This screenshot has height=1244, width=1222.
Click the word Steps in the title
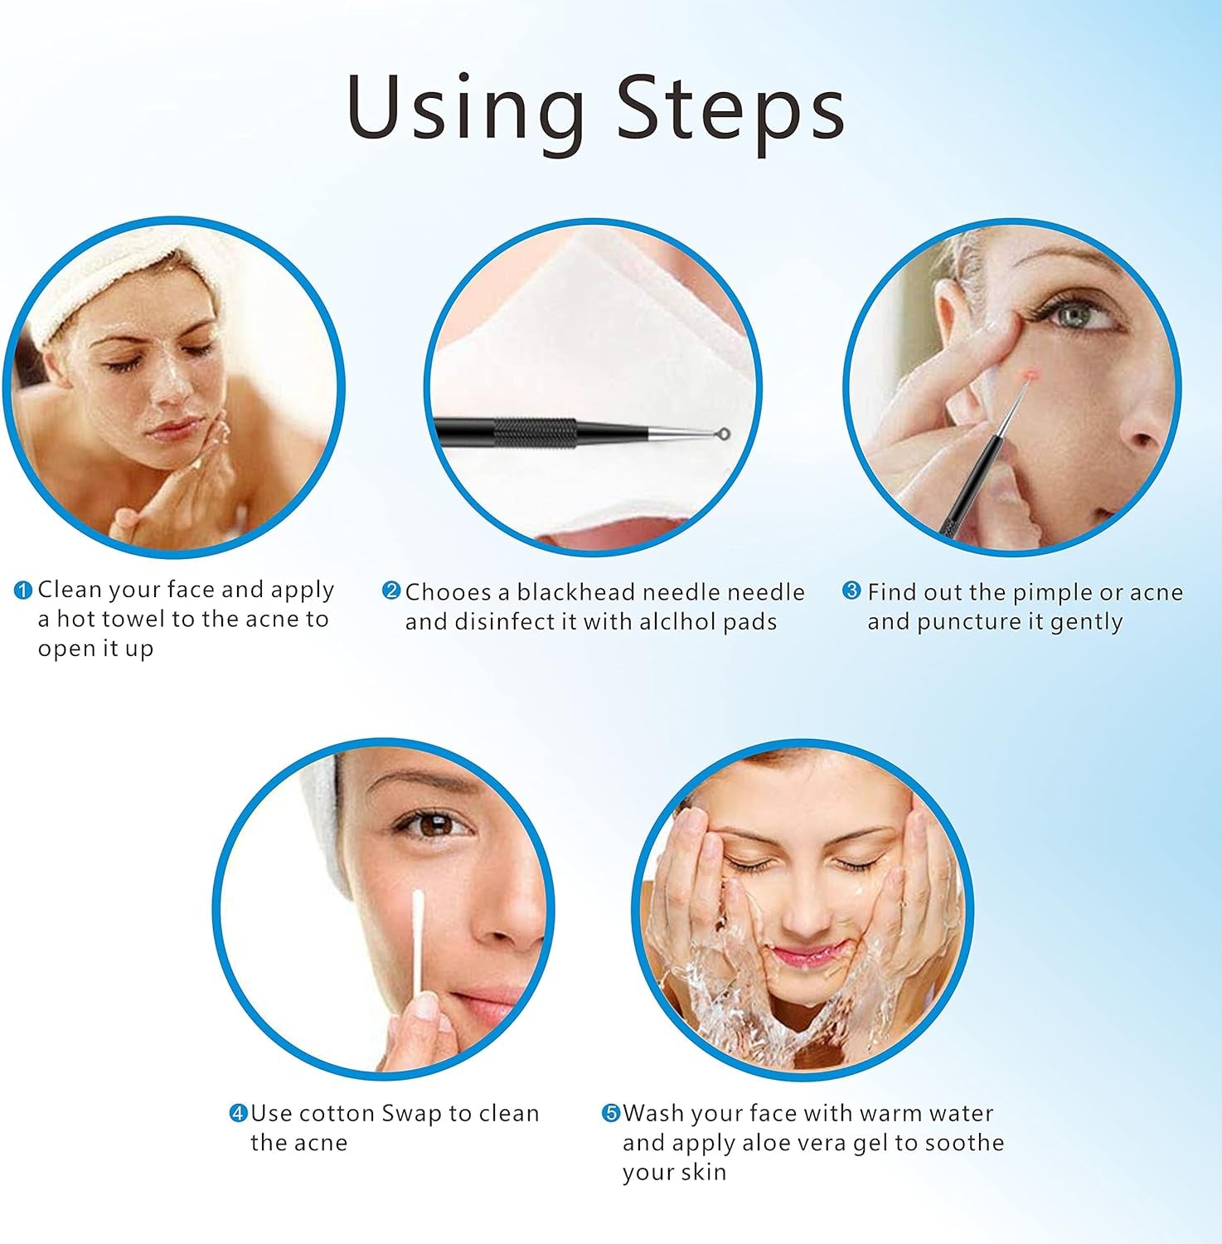(x=730, y=109)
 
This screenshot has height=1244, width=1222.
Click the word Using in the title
(x=464, y=109)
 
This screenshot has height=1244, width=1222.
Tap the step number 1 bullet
(x=23, y=590)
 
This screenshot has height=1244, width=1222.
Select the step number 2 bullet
(x=390, y=590)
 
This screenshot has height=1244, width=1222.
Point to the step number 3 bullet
(x=851, y=590)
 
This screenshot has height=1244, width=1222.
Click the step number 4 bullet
(x=238, y=1113)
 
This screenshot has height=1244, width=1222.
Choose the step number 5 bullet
(x=611, y=1113)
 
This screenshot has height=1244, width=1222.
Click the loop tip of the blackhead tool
(x=723, y=433)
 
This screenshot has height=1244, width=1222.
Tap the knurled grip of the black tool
(x=535, y=431)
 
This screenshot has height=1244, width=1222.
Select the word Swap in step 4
(x=411, y=1113)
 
